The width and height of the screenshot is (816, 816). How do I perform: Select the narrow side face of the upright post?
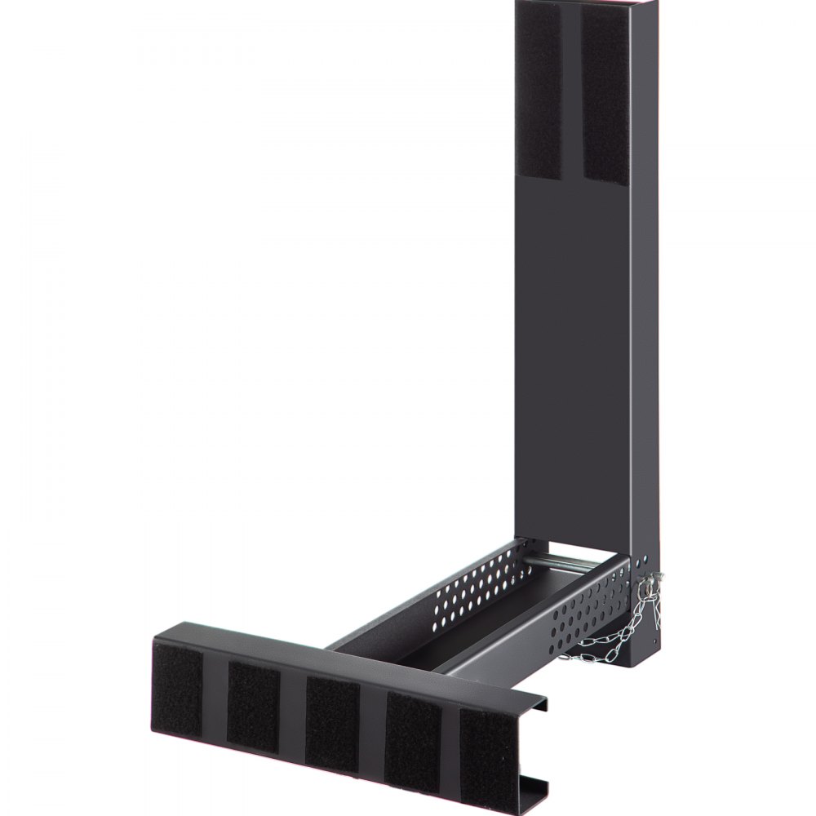pos(645,326)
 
